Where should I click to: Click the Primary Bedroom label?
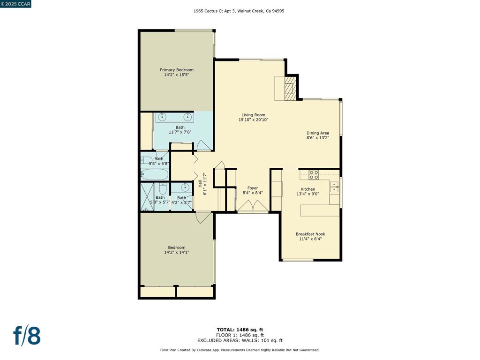pyautogui.click(x=177, y=70)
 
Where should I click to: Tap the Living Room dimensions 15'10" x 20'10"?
pyautogui.click(x=254, y=120)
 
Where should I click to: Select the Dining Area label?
pyautogui.click(x=318, y=133)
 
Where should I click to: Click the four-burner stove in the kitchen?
pyautogui.click(x=314, y=175)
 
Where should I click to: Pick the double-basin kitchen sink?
pyautogui.click(x=334, y=187)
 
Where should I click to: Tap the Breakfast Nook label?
pyautogui.click(x=310, y=234)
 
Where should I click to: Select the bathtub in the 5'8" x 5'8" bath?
pyautogui.click(x=155, y=174)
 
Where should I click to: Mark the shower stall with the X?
pyautogui.click(x=147, y=197)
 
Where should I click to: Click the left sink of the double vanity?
pyautogui.click(x=162, y=117)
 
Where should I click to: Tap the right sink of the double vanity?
pyautogui.click(x=187, y=117)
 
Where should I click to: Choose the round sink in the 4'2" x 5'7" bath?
pyautogui.click(x=185, y=187)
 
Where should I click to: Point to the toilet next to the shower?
pyautogui.click(x=163, y=188)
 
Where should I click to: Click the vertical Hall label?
pyautogui.click(x=200, y=184)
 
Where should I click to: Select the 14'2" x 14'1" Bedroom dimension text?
pyautogui.click(x=177, y=252)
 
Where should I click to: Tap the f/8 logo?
pyautogui.click(x=27, y=335)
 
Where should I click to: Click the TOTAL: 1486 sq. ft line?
pyautogui.click(x=240, y=330)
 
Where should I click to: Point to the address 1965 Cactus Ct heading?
pyautogui.click(x=239, y=11)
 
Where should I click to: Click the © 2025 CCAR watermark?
pyautogui.click(x=15, y=4)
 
